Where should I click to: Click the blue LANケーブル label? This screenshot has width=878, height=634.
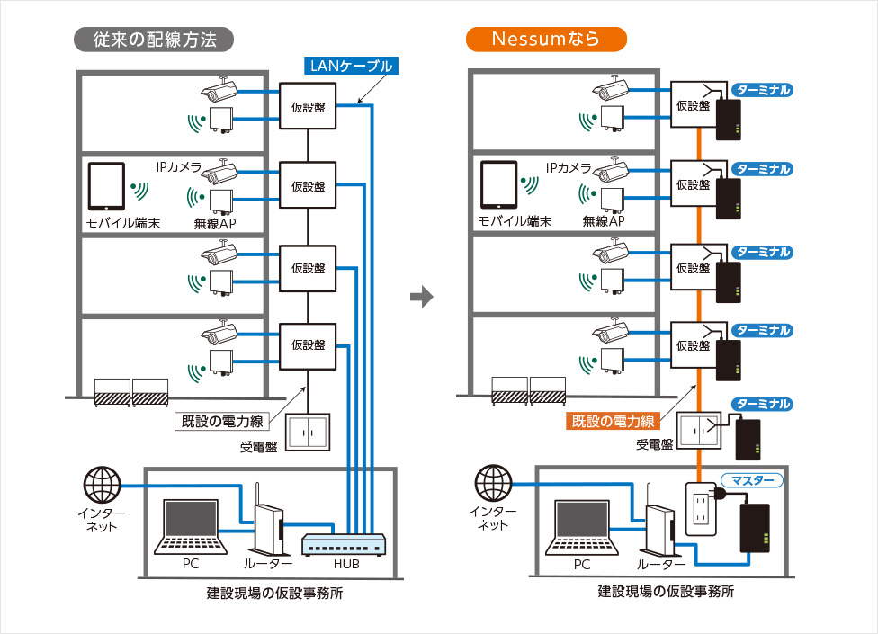tap(348, 65)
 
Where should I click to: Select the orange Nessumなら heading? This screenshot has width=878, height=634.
tap(546, 39)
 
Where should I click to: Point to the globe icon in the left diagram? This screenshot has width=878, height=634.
tap(102, 486)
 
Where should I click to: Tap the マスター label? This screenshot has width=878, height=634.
tap(753, 481)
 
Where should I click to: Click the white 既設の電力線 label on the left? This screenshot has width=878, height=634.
tap(222, 420)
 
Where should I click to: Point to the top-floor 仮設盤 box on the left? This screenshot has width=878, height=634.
tap(308, 108)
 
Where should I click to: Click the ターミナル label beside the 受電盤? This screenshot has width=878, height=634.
tap(762, 404)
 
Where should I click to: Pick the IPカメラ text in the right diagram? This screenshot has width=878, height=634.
tap(569, 168)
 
